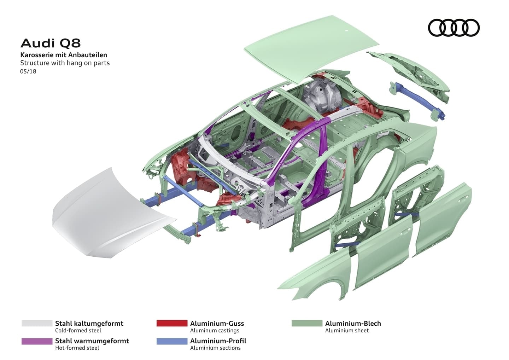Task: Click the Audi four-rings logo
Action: tap(454, 28)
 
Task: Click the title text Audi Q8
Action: tap(51, 43)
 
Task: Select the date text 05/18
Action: tap(28, 71)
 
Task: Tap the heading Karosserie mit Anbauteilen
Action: tap(64, 55)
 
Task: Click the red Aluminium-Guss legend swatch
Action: tap(172, 323)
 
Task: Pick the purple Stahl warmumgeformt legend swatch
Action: tap(37, 341)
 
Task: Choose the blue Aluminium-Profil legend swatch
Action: tap(172, 341)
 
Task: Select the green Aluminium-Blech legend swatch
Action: tap(307, 323)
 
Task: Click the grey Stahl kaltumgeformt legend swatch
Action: tap(37, 323)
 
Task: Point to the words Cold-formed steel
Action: tap(78, 330)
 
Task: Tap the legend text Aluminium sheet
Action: tap(347, 330)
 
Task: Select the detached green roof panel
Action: tap(311, 46)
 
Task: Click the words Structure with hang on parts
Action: tap(65, 63)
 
